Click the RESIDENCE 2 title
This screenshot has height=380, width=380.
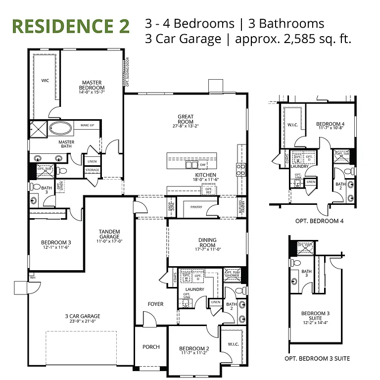[71, 26]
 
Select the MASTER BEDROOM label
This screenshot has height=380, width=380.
[92, 85]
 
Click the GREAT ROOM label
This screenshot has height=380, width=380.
[186, 119]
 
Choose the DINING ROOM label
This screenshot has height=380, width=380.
[207, 242]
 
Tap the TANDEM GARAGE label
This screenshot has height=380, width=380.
[110, 234]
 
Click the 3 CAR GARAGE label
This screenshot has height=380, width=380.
[83, 316]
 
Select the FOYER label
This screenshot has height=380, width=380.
[155, 304]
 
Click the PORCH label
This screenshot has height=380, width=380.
[151, 347]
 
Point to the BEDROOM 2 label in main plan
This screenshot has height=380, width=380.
[194, 349]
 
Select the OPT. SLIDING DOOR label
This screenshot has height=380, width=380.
[127, 72]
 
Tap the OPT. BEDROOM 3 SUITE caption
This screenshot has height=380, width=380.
[317, 358]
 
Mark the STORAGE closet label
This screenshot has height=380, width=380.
[92, 170]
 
